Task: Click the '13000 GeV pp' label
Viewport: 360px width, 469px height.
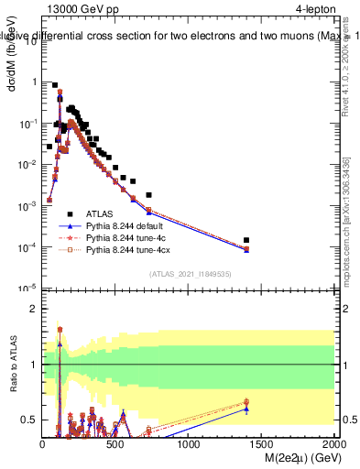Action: tap(81, 8)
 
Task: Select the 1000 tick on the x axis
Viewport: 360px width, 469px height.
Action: tap(189, 442)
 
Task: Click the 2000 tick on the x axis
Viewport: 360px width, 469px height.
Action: tap(334, 442)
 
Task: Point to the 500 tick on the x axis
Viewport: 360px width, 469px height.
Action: tap(115, 442)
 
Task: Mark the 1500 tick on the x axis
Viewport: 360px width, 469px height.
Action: tap(262, 442)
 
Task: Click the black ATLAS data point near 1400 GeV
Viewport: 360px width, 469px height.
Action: tap(247, 241)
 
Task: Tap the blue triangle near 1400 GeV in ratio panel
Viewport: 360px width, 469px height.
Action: tap(247, 409)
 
